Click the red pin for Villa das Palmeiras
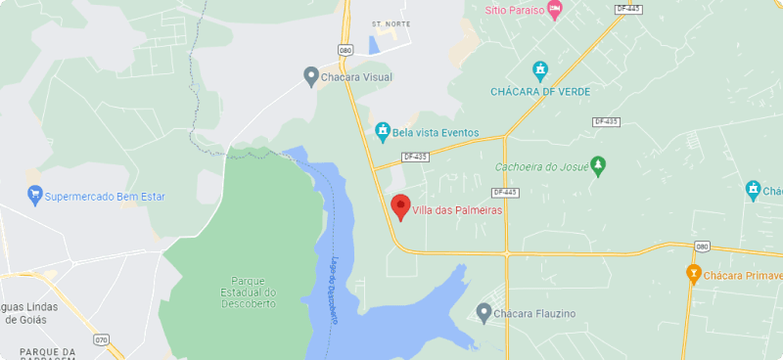pyautogui.click(x=399, y=206)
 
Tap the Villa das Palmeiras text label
pyautogui.click(x=457, y=209)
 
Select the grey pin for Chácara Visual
pyautogui.click(x=310, y=74)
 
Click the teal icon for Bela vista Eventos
pyautogui.click(x=383, y=131)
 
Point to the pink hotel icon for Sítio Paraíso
pyautogui.click(x=555, y=10)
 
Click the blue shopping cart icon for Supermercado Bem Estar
pyautogui.click(x=35, y=193)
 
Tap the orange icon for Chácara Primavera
pyautogui.click(x=693, y=275)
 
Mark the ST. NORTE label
pyautogui.click(x=391, y=22)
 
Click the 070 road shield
pyautogui.click(x=102, y=340)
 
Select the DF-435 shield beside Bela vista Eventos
pyautogui.click(x=415, y=157)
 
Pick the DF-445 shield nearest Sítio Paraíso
pyautogui.click(x=628, y=9)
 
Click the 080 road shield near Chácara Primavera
pyautogui.click(x=701, y=247)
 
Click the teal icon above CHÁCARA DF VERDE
pyautogui.click(x=539, y=70)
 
